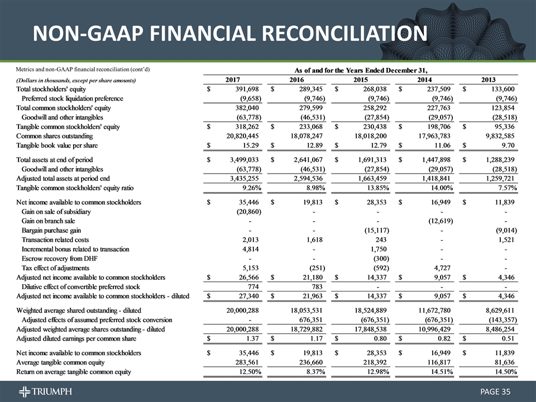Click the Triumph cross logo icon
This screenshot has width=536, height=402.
point(25,390)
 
